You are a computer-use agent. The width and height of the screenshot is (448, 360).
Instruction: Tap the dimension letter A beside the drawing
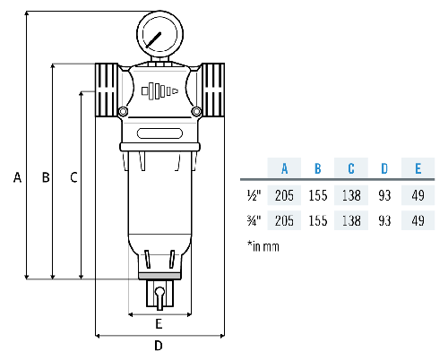[x=16, y=177]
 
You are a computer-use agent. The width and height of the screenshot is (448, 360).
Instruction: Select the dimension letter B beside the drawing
[x=44, y=177]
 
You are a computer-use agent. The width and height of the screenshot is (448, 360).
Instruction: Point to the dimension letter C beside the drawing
[x=73, y=177]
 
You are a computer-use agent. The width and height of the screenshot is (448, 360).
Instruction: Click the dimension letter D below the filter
[x=159, y=345]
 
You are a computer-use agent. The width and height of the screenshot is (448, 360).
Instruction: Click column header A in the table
[x=284, y=167]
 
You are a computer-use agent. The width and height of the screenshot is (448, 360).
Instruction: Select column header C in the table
[x=351, y=167]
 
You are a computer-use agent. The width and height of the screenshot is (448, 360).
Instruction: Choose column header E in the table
[x=417, y=167]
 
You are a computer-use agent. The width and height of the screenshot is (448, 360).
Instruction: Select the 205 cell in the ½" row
[x=284, y=193]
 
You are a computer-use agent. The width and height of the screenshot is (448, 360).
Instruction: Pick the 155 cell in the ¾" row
[x=317, y=219]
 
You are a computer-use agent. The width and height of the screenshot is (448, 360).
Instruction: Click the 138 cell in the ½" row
[x=351, y=193]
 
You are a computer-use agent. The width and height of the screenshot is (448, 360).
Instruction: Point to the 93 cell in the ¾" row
[x=384, y=219]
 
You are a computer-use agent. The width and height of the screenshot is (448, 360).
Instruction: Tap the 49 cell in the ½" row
[x=417, y=193]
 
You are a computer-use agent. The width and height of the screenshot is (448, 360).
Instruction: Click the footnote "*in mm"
[x=263, y=245]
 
